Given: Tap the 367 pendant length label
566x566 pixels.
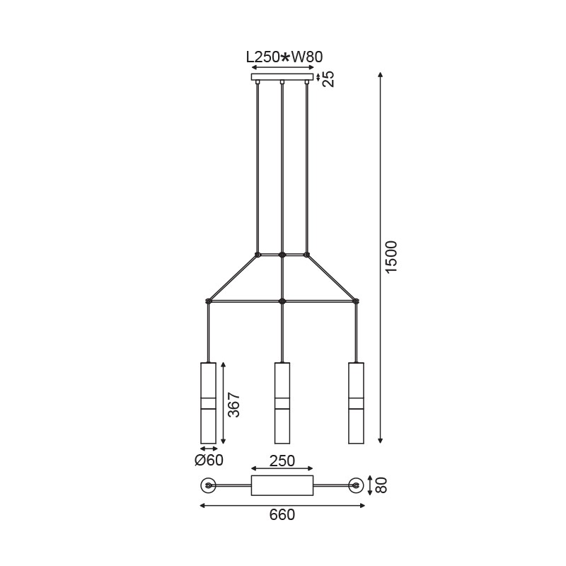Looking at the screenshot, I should tap(235, 405).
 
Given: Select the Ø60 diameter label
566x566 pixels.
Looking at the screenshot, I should tap(209, 461).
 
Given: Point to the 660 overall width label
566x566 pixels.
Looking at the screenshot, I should tap(282, 515).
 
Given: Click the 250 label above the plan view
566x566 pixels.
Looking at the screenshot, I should tap(282, 461).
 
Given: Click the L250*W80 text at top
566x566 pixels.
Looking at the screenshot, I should tap(282, 57).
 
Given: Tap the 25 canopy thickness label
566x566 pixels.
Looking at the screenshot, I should tap(328, 78).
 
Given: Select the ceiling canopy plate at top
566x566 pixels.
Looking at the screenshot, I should tap(282, 77).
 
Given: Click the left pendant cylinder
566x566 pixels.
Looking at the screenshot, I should tap(208, 403).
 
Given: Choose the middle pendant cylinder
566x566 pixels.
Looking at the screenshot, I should tap(282, 403).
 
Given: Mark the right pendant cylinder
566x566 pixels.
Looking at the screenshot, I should tap(356, 403).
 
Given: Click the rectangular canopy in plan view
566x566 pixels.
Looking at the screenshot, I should tap(282, 485).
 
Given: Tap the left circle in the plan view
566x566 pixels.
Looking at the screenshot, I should tap(208, 485).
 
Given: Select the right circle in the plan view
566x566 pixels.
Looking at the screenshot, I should tap(356, 485).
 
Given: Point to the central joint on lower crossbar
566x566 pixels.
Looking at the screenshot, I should tap(282, 301).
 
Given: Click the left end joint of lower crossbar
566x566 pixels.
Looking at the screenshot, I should tap(208, 301).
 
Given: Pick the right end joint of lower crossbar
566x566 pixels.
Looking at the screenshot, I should tap(356, 301).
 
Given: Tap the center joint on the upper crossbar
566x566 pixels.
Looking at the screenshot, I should tap(282, 254).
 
